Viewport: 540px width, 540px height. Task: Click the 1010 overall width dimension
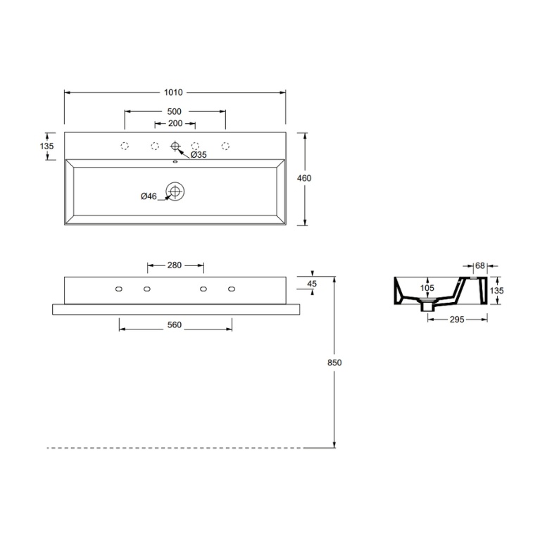175,92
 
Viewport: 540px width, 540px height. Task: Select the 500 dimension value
175,111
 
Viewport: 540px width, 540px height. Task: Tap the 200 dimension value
175,123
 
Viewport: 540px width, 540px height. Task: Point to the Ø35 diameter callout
199,154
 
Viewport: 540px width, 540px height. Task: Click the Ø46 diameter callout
149,196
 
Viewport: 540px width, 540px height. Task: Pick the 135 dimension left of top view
47,146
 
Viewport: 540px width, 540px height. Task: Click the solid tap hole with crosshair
175,146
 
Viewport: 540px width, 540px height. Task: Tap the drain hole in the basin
175,191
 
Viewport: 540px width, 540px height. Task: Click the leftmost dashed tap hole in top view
125,146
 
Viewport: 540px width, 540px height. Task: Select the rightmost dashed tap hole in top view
225,146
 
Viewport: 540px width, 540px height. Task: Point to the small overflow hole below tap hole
175,161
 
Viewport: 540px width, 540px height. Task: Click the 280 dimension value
175,265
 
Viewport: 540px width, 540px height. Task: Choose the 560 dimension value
175,325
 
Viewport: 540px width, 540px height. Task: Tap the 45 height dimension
313,284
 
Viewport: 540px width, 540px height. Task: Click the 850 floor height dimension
334,363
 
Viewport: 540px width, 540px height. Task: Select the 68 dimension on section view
480,265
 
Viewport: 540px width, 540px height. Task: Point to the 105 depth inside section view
427,288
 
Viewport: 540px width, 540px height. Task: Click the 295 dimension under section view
458,320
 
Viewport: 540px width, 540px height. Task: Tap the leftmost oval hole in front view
119,289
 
